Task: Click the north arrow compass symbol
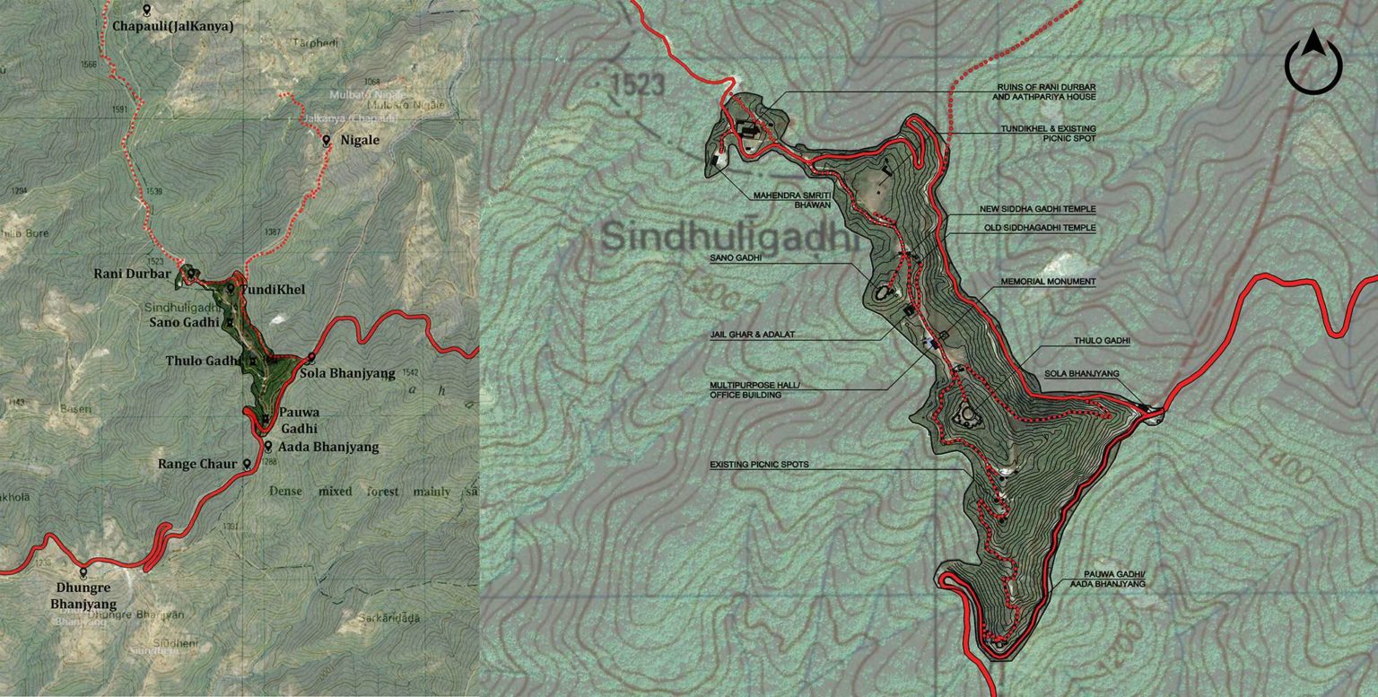click(x=1314, y=63)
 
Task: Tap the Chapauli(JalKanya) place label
click(x=172, y=27)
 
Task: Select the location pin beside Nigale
click(x=329, y=141)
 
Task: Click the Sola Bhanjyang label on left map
click(x=347, y=373)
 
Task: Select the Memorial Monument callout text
click(x=1049, y=282)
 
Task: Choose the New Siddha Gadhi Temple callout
click(x=1037, y=209)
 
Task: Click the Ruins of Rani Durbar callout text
click(x=1046, y=91)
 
